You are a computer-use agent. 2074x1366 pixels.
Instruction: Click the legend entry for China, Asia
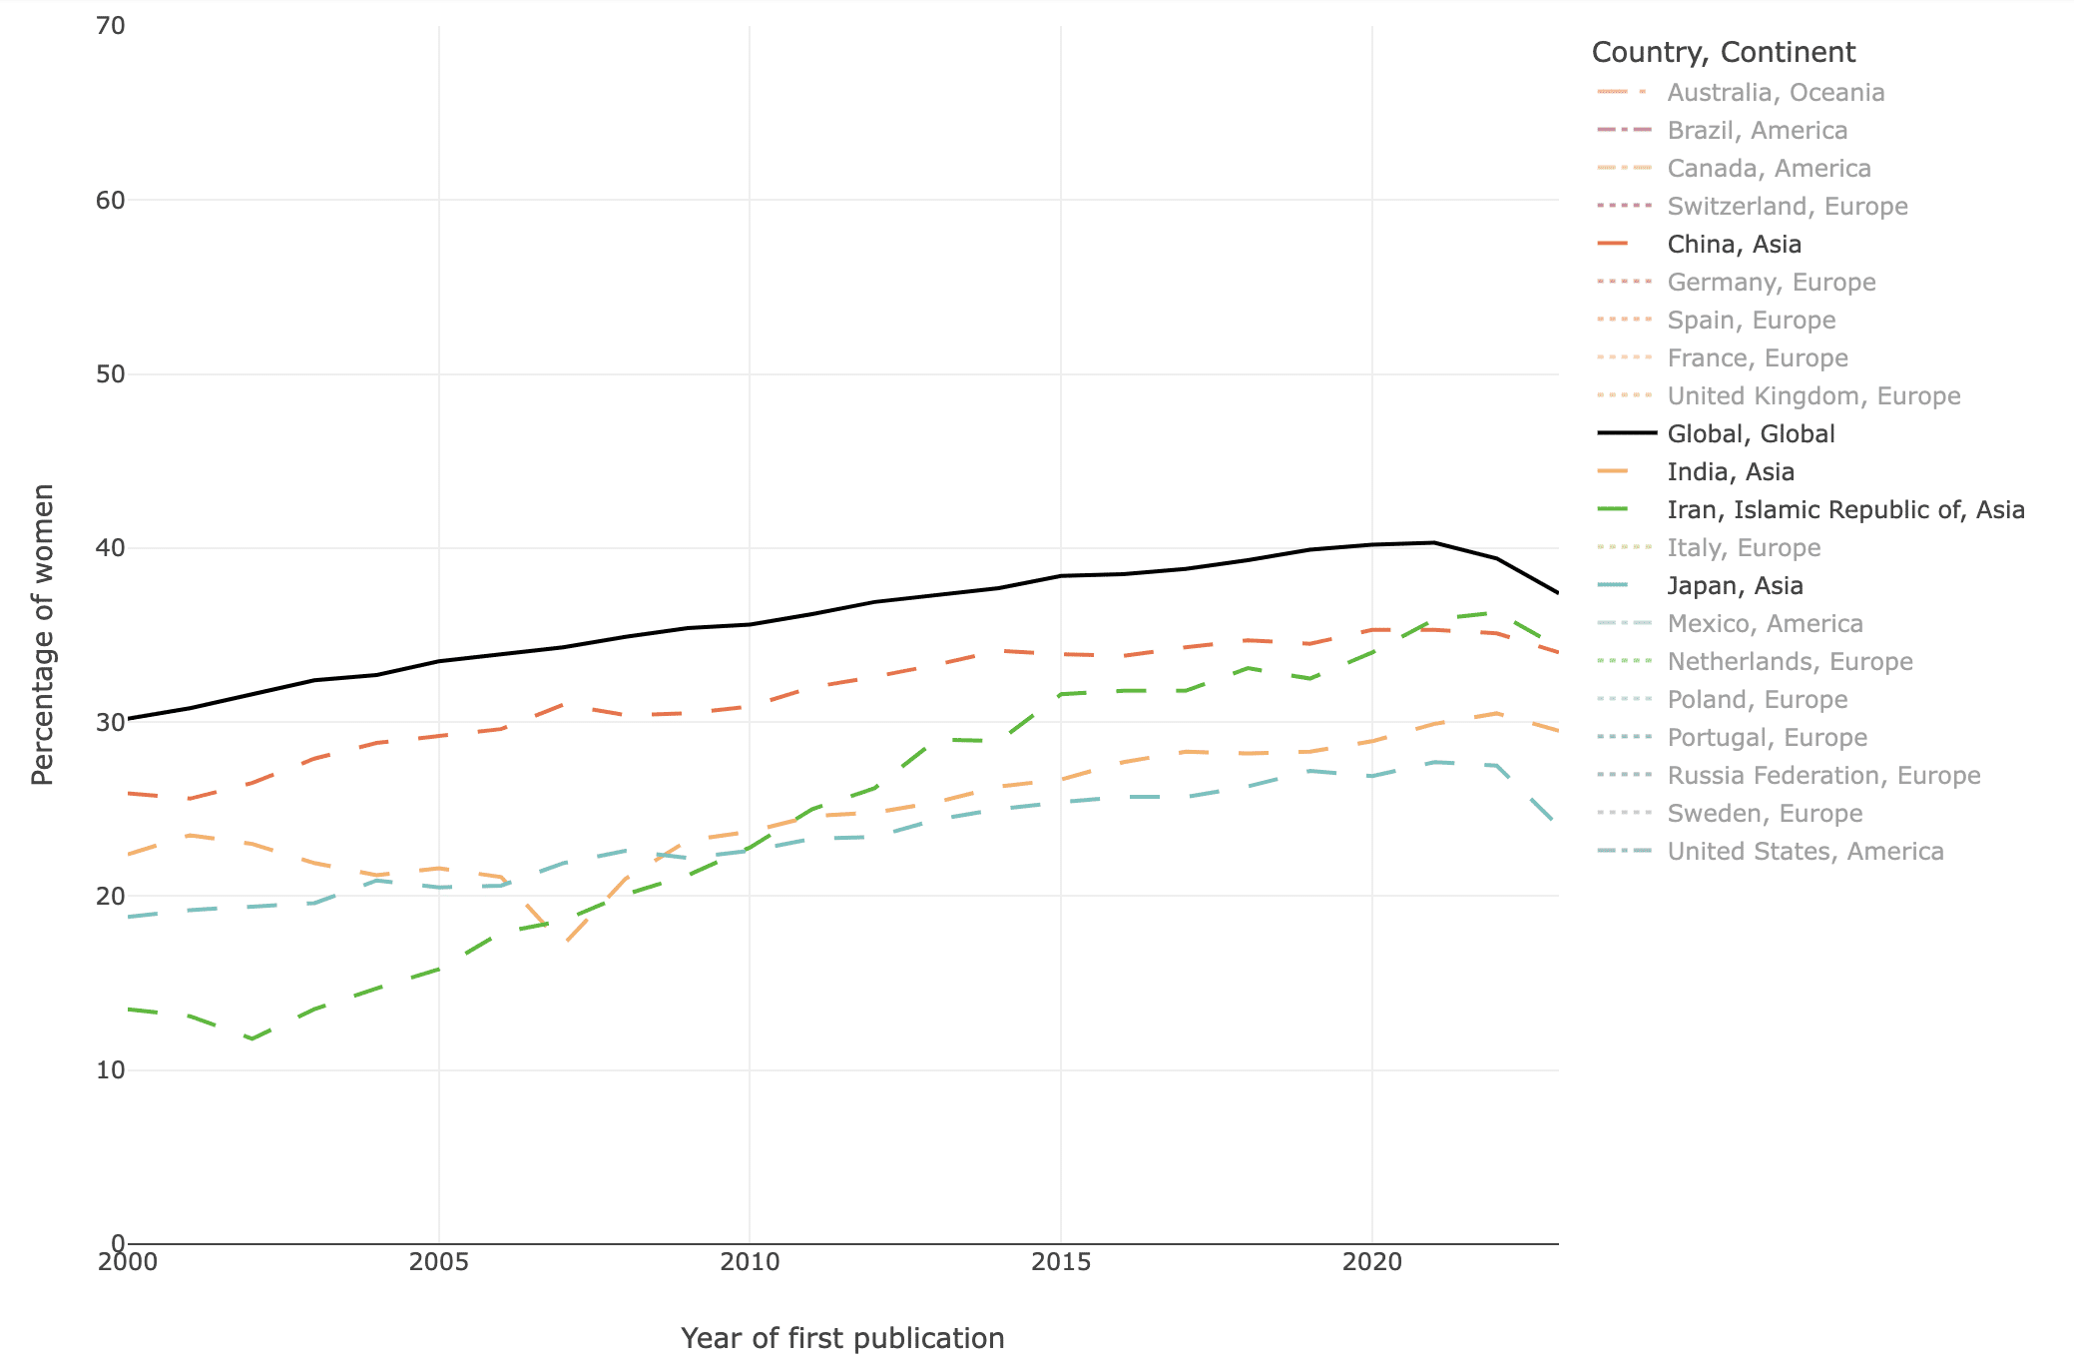point(1734,245)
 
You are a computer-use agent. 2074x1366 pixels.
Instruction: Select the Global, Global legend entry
point(1751,434)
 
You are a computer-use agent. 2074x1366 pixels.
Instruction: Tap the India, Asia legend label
point(1731,472)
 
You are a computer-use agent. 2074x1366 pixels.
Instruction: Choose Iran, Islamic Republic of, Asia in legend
point(1845,510)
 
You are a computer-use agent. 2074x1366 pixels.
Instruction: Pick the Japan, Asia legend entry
point(1735,586)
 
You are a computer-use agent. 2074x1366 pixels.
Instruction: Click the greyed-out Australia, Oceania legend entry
point(1776,93)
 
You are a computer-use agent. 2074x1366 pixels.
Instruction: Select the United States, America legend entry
point(1805,852)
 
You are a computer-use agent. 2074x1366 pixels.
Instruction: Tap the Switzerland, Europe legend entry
point(1787,207)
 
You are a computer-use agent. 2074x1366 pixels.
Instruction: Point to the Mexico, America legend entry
point(1765,624)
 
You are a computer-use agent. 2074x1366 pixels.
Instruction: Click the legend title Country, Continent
point(1723,52)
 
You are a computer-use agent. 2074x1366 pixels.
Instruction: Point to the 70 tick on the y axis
point(111,26)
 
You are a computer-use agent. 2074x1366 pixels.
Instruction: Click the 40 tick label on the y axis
point(111,548)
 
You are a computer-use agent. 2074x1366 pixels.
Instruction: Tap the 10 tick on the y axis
point(111,1070)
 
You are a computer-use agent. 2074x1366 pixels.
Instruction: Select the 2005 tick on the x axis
point(438,1262)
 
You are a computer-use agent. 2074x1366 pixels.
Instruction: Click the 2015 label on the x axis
point(1060,1262)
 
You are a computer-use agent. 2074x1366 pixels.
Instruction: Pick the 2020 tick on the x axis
point(1371,1262)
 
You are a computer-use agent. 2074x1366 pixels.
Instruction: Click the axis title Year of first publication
point(841,1338)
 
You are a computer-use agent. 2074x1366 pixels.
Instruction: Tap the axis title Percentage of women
point(42,634)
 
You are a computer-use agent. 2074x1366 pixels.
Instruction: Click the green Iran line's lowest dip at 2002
point(252,1038)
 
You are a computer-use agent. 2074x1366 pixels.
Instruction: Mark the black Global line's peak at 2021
point(1433,542)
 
